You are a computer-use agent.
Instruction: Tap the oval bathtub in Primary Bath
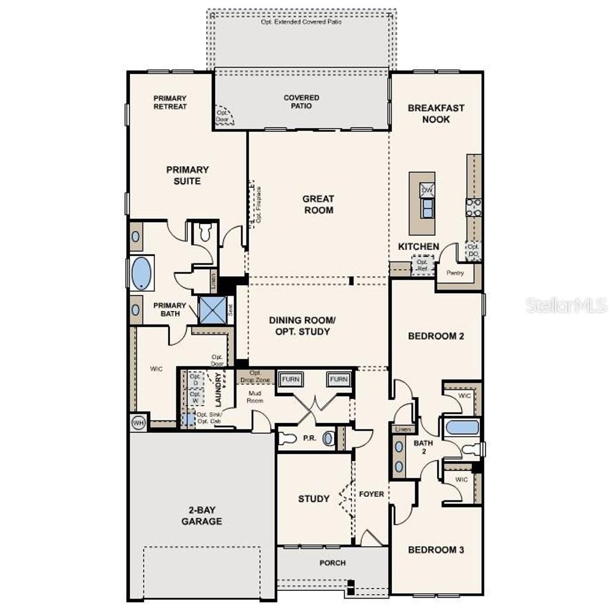(142, 273)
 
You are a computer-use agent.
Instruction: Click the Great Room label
(318, 204)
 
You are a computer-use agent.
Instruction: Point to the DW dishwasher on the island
(427, 190)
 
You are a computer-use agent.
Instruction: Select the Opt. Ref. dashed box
(422, 265)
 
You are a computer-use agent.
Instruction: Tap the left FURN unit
(292, 379)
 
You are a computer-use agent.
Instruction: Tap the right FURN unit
(338, 379)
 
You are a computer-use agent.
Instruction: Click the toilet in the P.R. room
(287, 439)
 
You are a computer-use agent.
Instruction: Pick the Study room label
(314, 499)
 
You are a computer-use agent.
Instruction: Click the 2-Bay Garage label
(202, 516)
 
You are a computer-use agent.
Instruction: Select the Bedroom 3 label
(435, 550)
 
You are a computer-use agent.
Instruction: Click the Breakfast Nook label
(437, 114)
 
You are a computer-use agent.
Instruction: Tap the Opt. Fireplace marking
(257, 204)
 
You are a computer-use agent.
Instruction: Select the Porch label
(332, 563)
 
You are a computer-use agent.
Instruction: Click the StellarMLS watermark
(566, 306)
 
